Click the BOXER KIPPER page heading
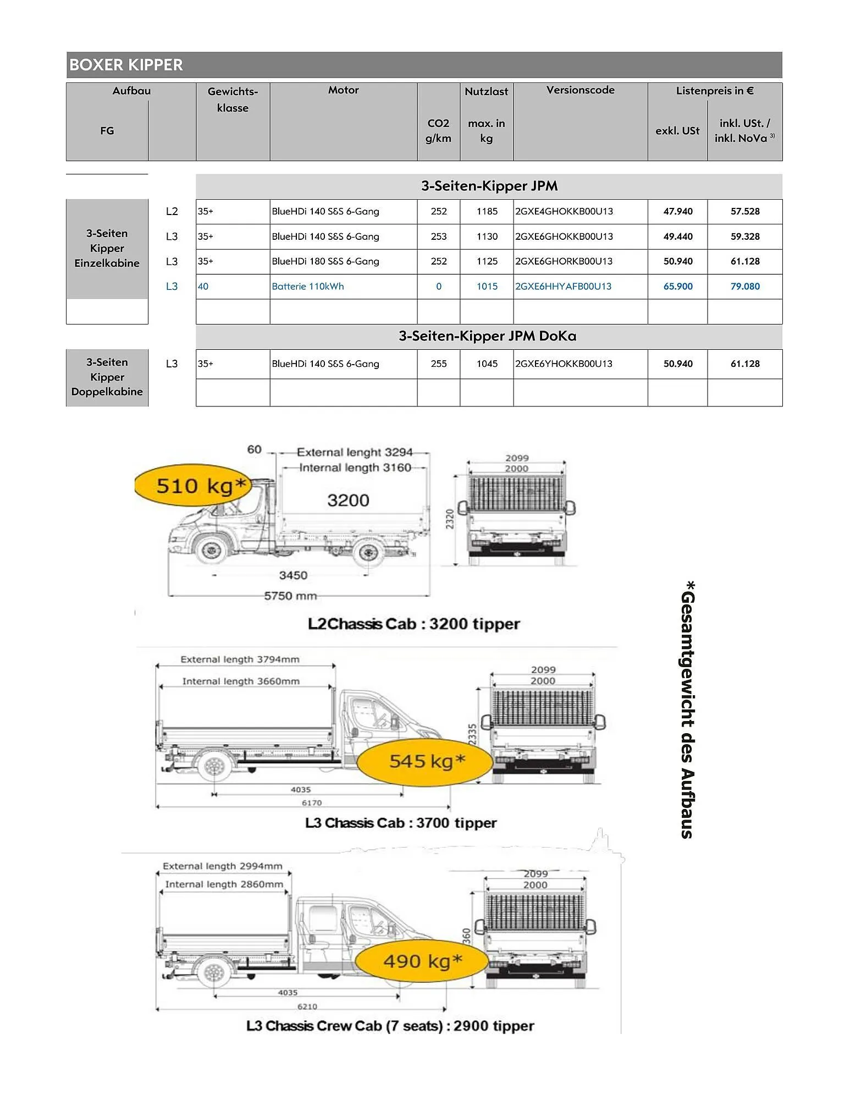tap(126, 65)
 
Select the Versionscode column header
tap(580, 90)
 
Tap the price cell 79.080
tap(744, 287)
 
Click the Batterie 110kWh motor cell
tap(308, 287)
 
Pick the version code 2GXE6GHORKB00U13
tap(564, 261)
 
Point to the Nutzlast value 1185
tap(487, 211)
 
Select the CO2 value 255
tap(438, 364)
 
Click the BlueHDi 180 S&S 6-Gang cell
tap(325, 261)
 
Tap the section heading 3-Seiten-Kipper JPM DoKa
tap(488, 336)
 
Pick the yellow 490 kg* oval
tap(422, 961)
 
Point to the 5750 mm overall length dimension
tap(290, 596)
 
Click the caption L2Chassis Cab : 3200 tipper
tap(413, 624)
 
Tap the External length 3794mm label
tap(240, 659)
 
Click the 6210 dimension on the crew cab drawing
tap(307, 1006)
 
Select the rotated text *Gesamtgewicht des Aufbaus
tap(687, 710)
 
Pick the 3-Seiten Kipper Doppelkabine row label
tap(107, 377)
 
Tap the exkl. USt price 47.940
tap(677, 211)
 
